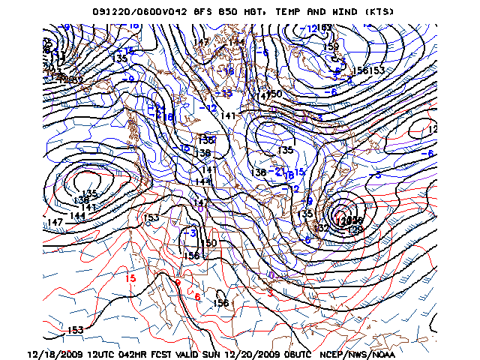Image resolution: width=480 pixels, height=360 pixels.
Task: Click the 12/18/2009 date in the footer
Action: click(x=54, y=353)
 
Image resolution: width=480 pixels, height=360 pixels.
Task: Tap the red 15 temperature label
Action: click(x=130, y=277)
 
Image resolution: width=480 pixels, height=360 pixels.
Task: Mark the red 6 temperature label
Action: click(x=197, y=297)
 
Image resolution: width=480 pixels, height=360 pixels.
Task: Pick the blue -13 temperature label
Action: click(x=225, y=93)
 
